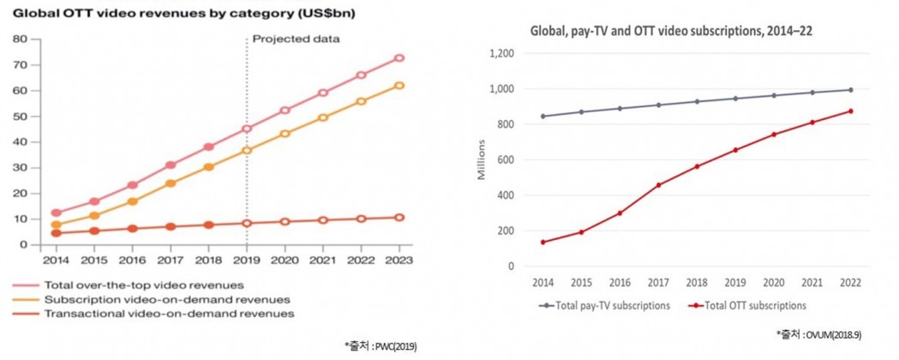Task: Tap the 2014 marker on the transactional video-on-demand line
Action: click(x=57, y=233)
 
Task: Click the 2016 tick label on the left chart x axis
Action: click(x=132, y=258)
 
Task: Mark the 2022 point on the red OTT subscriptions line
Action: click(x=851, y=111)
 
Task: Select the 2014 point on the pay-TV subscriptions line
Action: click(x=542, y=116)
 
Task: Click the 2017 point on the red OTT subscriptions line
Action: click(x=658, y=185)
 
